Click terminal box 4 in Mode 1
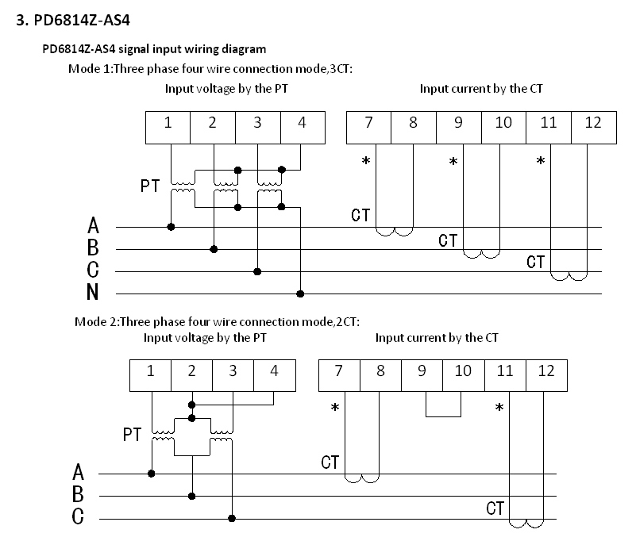click(x=303, y=123)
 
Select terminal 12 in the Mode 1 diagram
click(x=593, y=123)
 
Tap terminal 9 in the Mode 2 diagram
click(x=422, y=370)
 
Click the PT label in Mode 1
click(x=150, y=187)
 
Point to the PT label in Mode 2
click(x=133, y=435)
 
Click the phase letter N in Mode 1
click(x=93, y=294)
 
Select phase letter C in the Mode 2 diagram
click(x=78, y=517)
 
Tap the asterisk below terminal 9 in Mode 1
click(x=453, y=162)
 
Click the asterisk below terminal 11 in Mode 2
click(x=499, y=409)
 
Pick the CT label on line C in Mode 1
click(x=536, y=262)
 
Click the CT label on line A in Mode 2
click(x=331, y=462)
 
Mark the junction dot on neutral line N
click(x=299, y=294)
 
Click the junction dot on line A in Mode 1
click(x=171, y=227)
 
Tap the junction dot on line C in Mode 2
click(x=232, y=518)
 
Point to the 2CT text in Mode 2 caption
click(x=348, y=321)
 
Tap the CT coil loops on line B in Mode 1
click(x=481, y=254)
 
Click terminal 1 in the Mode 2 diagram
click(x=150, y=370)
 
